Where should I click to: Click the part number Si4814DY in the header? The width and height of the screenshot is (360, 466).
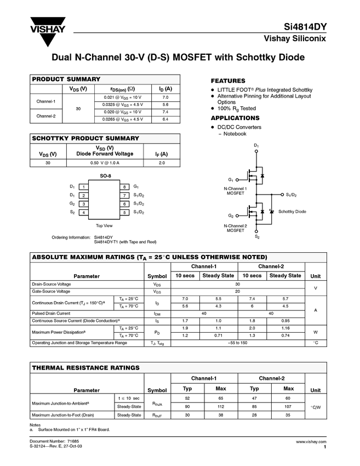(x=305, y=27)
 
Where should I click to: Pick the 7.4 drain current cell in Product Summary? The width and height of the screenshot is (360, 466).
(x=165, y=112)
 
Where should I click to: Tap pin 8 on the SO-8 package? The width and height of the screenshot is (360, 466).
(x=124, y=187)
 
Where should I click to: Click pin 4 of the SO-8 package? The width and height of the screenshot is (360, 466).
(x=83, y=212)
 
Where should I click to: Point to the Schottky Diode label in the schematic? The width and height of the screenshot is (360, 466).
(x=292, y=212)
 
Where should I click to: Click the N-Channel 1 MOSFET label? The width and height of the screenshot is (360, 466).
(x=236, y=191)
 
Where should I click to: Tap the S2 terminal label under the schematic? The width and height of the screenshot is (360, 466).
(x=256, y=237)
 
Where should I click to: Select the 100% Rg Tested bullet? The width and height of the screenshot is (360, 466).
(x=236, y=109)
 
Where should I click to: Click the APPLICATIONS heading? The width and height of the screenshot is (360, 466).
(x=235, y=118)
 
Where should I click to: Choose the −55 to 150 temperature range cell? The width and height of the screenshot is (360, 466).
(x=237, y=343)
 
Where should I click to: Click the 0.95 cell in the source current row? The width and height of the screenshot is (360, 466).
(x=285, y=320)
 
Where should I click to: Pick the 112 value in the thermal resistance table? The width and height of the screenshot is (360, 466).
(x=221, y=406)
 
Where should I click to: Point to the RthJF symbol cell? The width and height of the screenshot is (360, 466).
(x=157, y=415)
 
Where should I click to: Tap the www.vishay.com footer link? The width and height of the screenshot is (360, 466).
(x=311, y=441)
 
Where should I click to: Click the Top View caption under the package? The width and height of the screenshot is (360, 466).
(x=104, y=225)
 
